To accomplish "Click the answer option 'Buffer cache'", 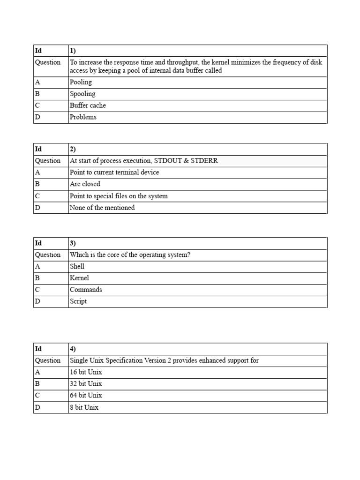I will (88, 105).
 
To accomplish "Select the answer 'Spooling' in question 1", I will (82, 94).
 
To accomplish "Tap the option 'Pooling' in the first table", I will (81, 82).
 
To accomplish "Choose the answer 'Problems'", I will (83, 117).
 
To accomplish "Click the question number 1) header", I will (73, 50).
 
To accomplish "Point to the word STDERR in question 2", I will (204, 161).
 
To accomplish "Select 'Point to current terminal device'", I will (114, 172).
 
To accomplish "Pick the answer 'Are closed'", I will (85, 184).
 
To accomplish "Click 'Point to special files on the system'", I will (119, 196).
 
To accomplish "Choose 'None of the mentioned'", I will (102, 208).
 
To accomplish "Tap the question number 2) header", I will (73, 149).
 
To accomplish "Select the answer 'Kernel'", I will (79, 278).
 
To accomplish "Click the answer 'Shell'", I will (77, 266).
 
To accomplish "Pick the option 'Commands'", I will (86, 290).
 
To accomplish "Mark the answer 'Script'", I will (78, 301).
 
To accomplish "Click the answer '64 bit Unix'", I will (86, 396).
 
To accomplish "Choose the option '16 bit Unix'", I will (86, 372).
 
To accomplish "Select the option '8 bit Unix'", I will (84, 407).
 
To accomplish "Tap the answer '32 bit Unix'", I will (86, 384).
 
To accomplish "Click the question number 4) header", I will (73, 349).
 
